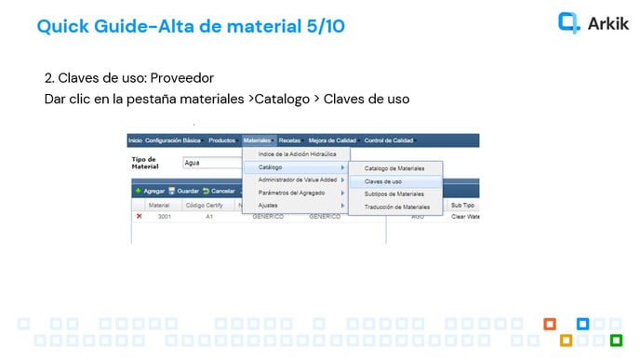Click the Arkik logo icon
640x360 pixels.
point(568,22)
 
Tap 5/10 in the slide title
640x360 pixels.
point(325,26)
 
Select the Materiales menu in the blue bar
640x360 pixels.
point(257,140)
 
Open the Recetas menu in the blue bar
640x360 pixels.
point(290,140)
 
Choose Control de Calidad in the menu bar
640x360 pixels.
point(390,140)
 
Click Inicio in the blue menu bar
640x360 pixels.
point(135,140)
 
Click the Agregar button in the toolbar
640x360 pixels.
point(150,191)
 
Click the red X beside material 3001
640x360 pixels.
point(140,216)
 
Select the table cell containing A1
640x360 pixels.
point(210,216)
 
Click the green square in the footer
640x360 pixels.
point(616,340)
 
